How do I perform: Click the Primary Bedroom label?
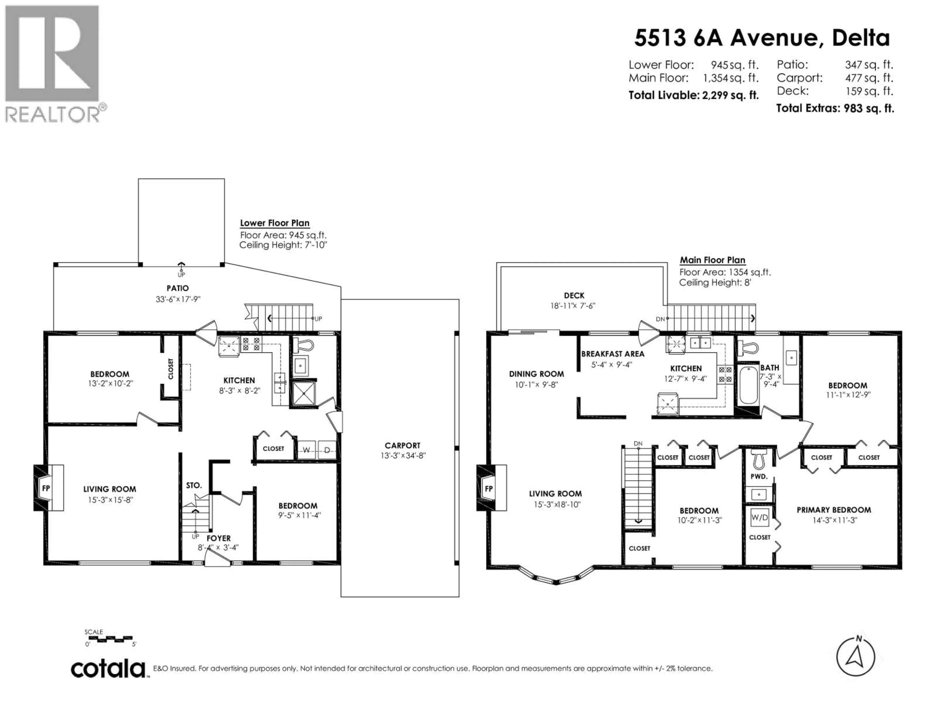tap(834, 510)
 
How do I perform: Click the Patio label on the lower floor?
tap(177, 288)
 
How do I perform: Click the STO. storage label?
tap(194, 485)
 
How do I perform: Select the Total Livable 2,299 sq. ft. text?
tap(693, 95)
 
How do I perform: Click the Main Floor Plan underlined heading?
tap(712, 260)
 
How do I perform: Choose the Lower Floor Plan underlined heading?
tap(275, 223)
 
